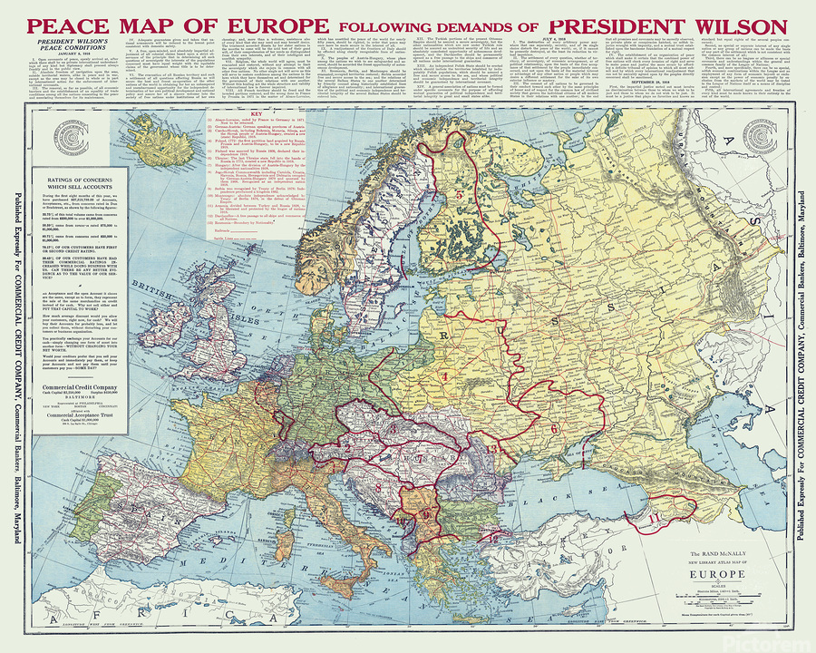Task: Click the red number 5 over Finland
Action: (459, 193)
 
